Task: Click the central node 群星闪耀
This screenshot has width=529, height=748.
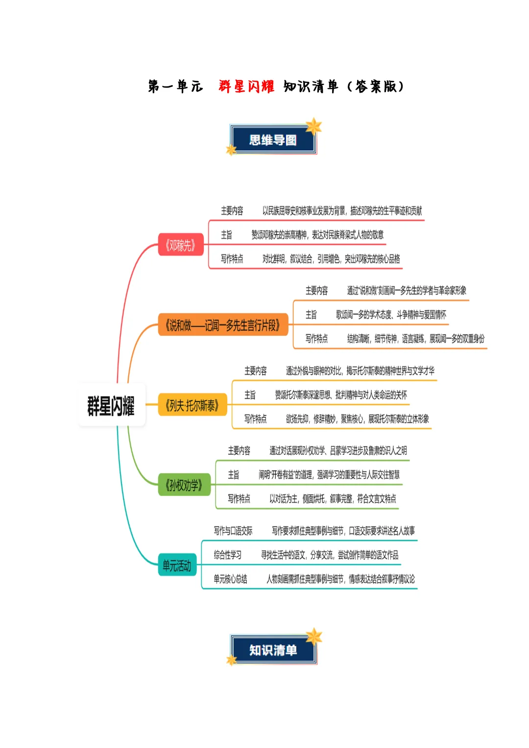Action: (x=111, y=405)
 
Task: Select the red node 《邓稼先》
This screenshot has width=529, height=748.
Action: (x=180, y=245)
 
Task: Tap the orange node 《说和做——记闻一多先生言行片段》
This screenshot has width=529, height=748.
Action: (x=222, y=325)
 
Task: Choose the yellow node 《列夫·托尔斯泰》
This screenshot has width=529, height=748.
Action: (x=192, y=405)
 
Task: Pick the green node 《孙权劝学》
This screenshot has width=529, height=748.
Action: (x=184, y=485)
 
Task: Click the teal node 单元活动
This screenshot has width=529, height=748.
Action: (x=177, y=566)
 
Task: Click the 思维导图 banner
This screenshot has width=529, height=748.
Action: (x=273, y=140)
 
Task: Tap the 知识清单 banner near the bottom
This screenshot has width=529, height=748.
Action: (x=273, y=650)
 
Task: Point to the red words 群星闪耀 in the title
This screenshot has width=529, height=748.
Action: (x=246, y=86)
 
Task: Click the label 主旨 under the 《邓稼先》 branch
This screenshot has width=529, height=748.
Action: (x=226, y=235)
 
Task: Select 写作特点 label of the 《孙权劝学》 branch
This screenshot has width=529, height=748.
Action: (x=239, y=499)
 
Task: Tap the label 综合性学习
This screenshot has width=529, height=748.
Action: (x=228, y=555)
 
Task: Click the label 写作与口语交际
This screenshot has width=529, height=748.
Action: (x=233, y=531)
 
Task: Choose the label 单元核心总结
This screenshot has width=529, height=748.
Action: (x=231, y=579)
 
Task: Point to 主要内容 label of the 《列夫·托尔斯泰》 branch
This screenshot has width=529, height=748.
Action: (x=256, y=371)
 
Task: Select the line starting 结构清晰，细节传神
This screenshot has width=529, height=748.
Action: (x=415, y=338)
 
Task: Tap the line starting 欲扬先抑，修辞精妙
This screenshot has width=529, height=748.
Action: (x=357, y=419)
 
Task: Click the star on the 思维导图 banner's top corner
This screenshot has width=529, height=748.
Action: (x=313, y=126)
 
